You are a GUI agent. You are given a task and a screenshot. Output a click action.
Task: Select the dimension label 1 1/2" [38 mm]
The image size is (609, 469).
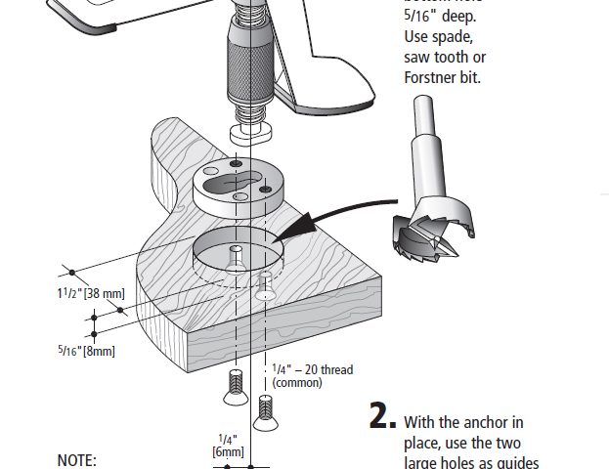tap(91, 292)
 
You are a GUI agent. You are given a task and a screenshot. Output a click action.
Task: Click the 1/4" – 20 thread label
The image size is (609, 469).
tap(312, 369)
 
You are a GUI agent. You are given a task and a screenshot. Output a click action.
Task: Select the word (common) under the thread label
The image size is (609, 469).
tap(297, 383)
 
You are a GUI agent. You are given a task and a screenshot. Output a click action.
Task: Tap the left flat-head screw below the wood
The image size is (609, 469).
tap(235, 387)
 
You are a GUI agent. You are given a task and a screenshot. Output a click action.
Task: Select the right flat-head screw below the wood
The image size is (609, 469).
tap(264, 412)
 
